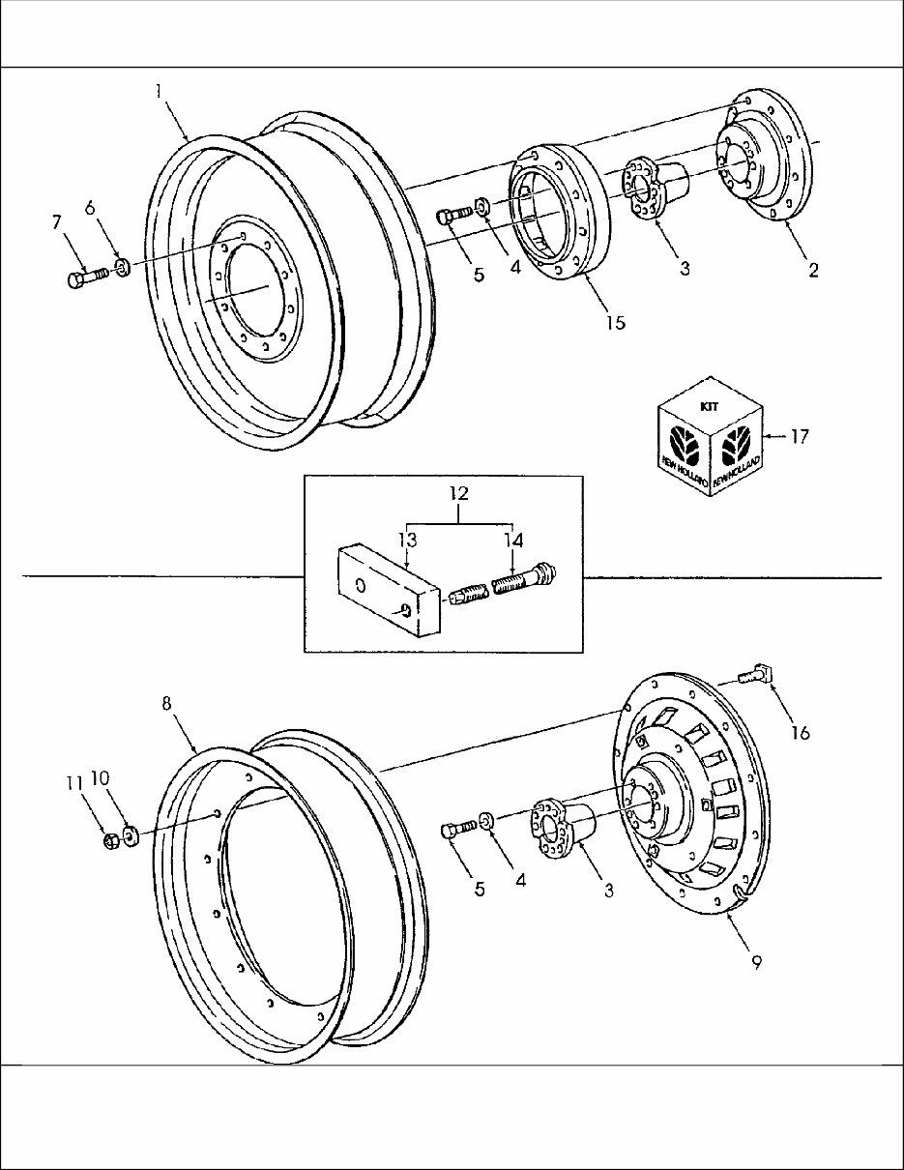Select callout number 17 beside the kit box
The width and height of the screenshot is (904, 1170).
799,437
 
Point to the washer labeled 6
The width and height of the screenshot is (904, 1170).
122,266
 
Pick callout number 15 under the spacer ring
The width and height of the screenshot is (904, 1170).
615,322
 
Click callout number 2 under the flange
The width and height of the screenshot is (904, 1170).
813,271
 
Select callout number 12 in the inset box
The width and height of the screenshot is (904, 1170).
458,493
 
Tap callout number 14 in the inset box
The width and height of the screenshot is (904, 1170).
511,539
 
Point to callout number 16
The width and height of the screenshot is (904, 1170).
799,733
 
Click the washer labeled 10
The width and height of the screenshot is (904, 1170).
131,834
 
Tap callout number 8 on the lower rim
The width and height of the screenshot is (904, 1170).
167,704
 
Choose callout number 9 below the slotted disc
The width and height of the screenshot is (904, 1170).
756,962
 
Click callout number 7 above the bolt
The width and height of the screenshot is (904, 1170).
57,223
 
